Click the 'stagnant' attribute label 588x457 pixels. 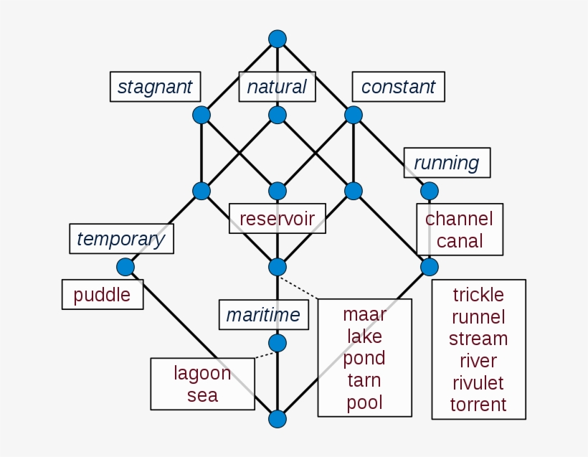155,87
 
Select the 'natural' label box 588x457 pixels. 277,87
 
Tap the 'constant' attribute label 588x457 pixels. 398,87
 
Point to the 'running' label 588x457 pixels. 446,163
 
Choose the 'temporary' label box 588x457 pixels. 120,238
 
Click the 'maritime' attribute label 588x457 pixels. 263,314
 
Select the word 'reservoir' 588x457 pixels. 277,218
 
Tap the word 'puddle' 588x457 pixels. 102,295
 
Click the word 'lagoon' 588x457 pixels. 202,373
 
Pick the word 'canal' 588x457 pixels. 460,241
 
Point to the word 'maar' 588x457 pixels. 364,314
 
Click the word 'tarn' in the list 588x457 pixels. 364,380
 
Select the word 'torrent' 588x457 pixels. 478,405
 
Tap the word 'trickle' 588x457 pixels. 478,295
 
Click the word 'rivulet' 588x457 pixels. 478,382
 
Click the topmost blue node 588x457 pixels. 277,39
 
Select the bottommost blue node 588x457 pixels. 277,419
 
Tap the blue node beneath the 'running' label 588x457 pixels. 429,191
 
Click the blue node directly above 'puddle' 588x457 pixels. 125,267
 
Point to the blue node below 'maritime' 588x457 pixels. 277,343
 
